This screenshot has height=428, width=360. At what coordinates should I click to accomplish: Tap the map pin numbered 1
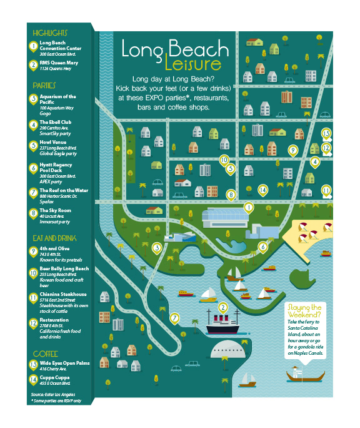tap(248, 206)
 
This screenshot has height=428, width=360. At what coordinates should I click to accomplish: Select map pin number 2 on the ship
tap(222, 307)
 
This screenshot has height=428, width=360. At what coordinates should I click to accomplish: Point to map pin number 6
tap(263, 246)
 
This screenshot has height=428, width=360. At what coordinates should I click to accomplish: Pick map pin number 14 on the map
tap(263, 190)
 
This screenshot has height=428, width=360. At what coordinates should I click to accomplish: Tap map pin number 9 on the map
tap(292, 150)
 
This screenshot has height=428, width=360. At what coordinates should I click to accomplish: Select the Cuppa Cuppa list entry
tap(56, 379)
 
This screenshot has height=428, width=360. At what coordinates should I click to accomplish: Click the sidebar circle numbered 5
tap(34, 146)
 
